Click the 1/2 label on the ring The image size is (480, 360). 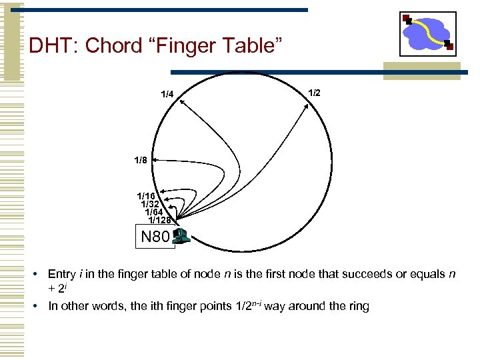tap(315, 93)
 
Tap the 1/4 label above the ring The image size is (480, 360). tap(167, 94)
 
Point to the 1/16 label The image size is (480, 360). tap(146, 196)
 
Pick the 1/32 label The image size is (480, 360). tap(151, 204)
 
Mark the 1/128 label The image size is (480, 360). tap(160, 220)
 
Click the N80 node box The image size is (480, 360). tap(155, 236)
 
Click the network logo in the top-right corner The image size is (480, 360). tap(427, 33)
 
